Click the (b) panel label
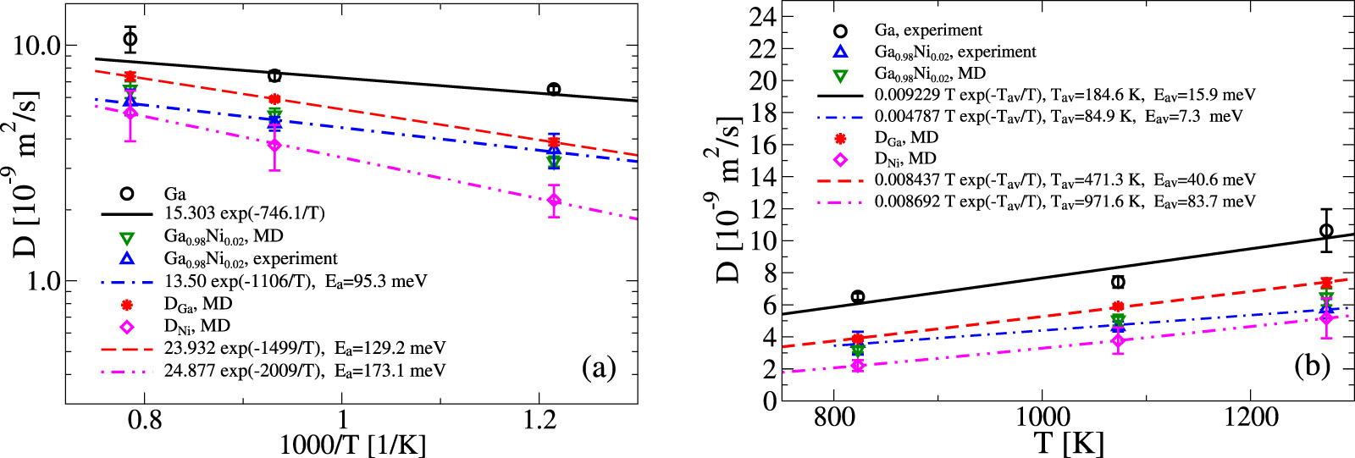click(x=1312, y=365)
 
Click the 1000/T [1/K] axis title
click(x=352, y=444)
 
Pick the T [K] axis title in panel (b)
click(x=1068, y=443)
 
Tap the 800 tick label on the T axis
click(x=833, y=417)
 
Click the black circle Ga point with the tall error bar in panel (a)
click(x=130, y=39)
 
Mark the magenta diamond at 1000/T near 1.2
click(x=554, y=201)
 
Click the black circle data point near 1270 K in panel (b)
click(x=1326, y=230)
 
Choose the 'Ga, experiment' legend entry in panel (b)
click(x=928, y=30)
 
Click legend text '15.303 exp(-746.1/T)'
click(x=244, y=214)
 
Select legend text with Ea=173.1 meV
click(x=305, y=370)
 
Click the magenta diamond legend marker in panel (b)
click(x=840, y=159)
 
